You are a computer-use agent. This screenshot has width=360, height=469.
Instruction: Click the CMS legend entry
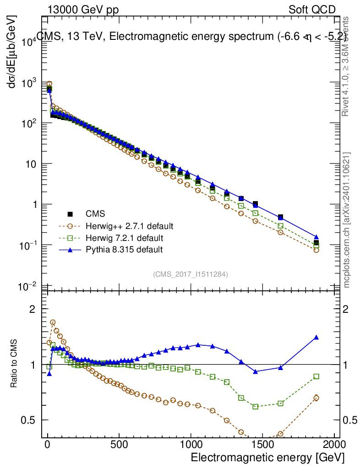[x=95, y=214]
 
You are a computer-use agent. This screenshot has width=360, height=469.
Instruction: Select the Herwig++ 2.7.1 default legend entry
[x=129, y=226]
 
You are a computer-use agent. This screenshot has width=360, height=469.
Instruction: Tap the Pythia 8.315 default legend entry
[x=124, y=250]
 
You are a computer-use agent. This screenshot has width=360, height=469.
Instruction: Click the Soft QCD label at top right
[x=312, y=10]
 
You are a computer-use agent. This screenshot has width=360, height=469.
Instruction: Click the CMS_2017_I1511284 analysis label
[x=191, y=274]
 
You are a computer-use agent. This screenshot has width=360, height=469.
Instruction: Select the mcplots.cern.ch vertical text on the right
[x=347, y=220]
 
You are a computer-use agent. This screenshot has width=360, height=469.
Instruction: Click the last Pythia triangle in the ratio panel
[x=316, y=338]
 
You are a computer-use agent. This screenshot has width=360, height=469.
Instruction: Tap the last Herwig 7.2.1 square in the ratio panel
[x=316, y=376]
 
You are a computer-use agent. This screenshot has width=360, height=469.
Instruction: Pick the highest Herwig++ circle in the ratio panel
[x=53, y=322]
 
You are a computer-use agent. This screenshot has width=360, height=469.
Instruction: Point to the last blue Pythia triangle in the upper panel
[x=316, y=237]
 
